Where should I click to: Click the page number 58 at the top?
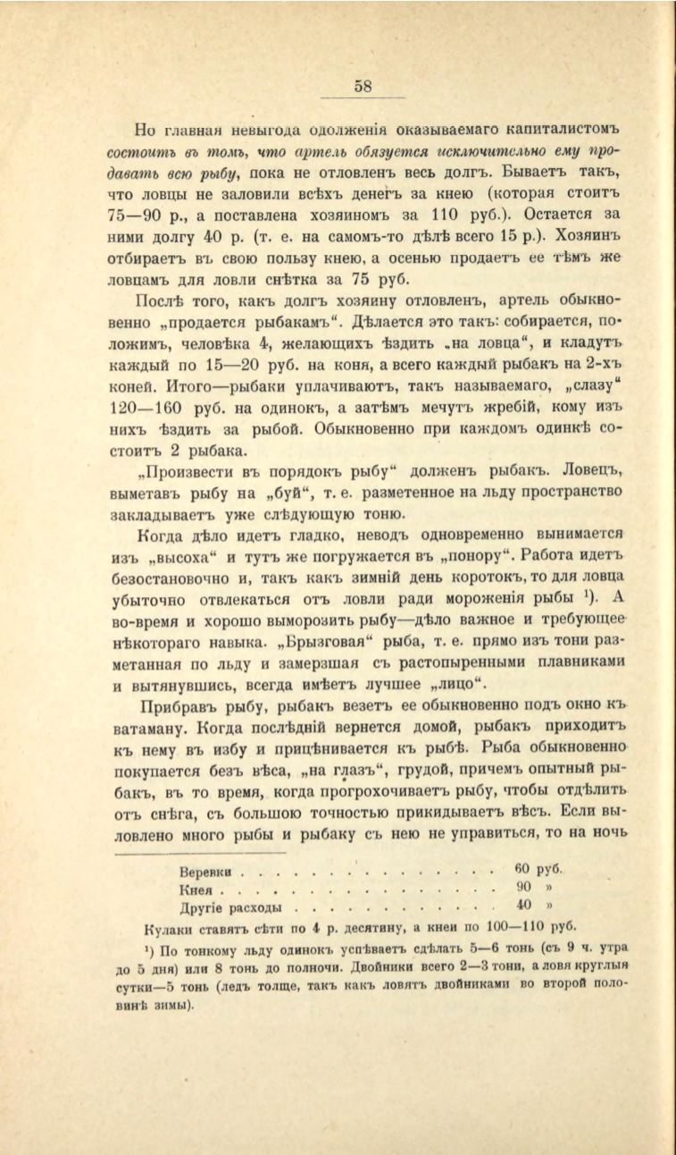pos(363,87)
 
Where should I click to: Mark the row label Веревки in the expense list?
pos(206,872)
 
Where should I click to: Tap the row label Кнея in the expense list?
pos(196,891)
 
